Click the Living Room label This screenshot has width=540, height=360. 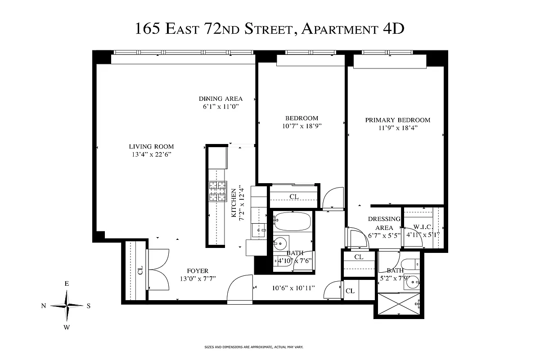[151, 147]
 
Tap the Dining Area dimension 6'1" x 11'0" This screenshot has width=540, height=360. [220, 107]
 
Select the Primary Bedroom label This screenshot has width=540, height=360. [397, 120]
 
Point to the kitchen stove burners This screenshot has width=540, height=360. [217, 191]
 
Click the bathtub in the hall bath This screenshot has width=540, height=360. [292, 222]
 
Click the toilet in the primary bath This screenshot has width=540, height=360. [410, 265]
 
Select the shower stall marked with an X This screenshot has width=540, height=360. [399, 304]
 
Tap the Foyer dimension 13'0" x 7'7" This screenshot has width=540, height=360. [198, 279]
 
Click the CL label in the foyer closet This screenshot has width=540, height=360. [140, 270]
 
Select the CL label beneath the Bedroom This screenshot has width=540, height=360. [294, 197]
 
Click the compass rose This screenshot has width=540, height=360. [67, 306]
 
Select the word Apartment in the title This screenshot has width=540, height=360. [339, 29]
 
